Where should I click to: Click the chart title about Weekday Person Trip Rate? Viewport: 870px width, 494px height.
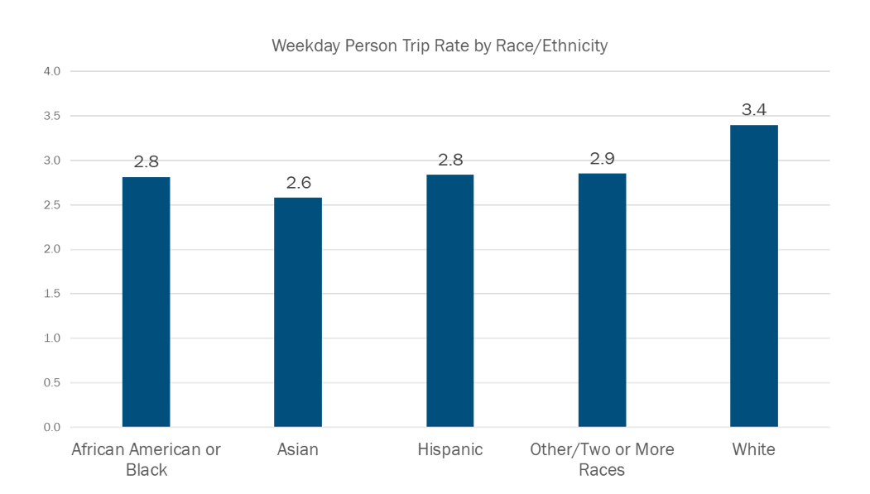pos(440,46)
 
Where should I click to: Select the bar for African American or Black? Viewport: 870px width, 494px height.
pos(146,302)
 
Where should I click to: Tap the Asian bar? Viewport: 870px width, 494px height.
pos(298,312)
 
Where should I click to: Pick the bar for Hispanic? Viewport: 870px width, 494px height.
pos(450,301)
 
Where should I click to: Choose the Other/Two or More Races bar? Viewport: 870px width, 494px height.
pos(602,300)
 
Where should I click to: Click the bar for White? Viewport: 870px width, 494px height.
pos(754,276)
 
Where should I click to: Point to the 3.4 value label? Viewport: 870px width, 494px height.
pos(754,109)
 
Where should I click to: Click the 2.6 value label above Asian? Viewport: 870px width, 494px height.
pos(298,182)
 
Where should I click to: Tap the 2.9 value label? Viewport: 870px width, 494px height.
pos(602,158)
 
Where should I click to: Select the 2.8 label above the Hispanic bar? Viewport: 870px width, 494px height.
pos(450,160)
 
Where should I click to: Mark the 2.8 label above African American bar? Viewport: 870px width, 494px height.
pos(146,161)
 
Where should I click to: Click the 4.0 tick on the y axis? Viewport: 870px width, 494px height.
pos(52,71)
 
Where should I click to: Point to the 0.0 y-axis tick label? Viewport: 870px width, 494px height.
pos(52,427)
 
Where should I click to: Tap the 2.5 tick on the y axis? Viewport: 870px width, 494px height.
pos(52,205)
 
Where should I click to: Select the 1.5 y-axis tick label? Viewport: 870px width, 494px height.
pos(52,294)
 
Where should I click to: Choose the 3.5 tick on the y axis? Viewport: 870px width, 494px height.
pos(52,116)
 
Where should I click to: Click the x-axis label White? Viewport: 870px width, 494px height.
pos(754,450)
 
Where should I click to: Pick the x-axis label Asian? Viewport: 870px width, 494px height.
pos(298,450)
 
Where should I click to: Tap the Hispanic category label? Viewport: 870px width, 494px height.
pos(450,450)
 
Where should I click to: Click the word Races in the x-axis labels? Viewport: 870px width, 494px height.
pos(602,471)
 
